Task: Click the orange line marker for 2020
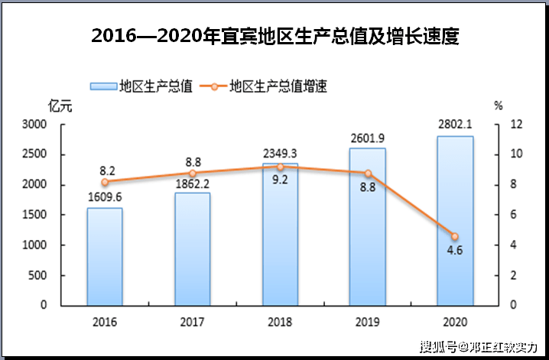click(x=455, y=236)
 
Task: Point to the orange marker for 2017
click(x=193, y=174)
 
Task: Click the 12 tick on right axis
click(x=516, y=125)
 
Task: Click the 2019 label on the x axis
click(x=368, y=321)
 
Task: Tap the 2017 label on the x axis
click(x=193, y=321)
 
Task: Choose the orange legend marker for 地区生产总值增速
click(x=213, y=86)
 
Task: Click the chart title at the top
click(x=274, y=35)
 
